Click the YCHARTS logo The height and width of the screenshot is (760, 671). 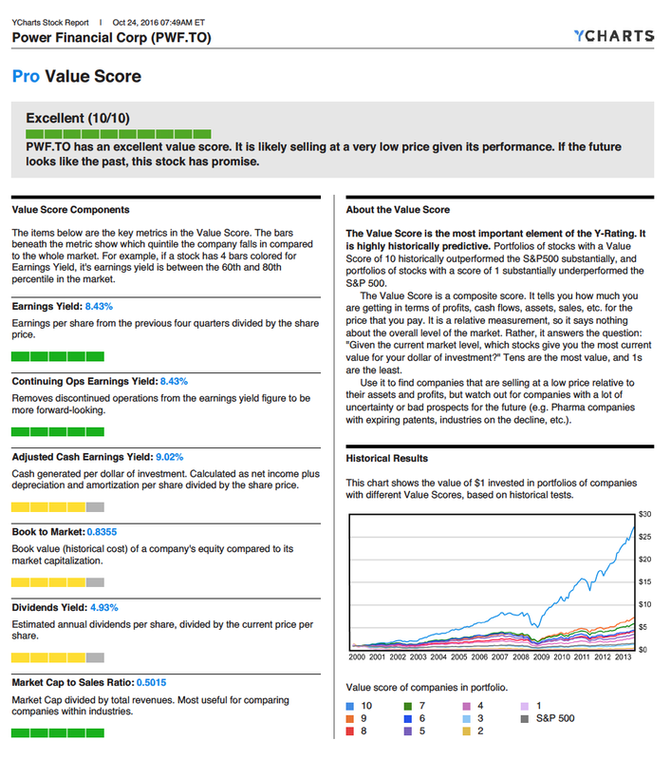pyautogui.click(x=613, y=36)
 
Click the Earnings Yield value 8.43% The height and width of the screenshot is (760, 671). pyautogui.click(x=99, y=307)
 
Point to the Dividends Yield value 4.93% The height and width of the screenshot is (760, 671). pyautogui.click(x=103, y=606)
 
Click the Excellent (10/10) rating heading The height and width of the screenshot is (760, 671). pyautogui.click(x=78, y=118)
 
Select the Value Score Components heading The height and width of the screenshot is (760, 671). pyautogui.click(x=70, y=209)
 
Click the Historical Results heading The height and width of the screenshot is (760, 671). pyautogui.click(x=386, y=458)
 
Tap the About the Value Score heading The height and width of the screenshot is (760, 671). pyautogui.click(x=398, y=209)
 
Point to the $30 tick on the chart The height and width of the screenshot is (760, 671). pyautogui.click(x=644, y=513)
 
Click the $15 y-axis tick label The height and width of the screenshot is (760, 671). pyautogui.click(x=644, y=581)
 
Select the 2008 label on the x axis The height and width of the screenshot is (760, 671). pyautogui.click(x=519, y=656)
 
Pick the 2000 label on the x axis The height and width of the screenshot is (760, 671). pyautogui.click(x=357, y=656)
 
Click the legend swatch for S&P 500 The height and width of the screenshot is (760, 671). pyautogui.click(x=524, y=719)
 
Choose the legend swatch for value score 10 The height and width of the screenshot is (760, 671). pyautogui.click(x=350, y=707)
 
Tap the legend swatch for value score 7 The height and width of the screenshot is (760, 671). pyautogui.click(x=408, y=707)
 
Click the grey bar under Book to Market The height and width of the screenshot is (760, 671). pyautogui.click(x=95, y=581)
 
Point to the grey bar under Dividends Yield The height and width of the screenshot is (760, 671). pyautogui.click(x=95, y=656)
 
